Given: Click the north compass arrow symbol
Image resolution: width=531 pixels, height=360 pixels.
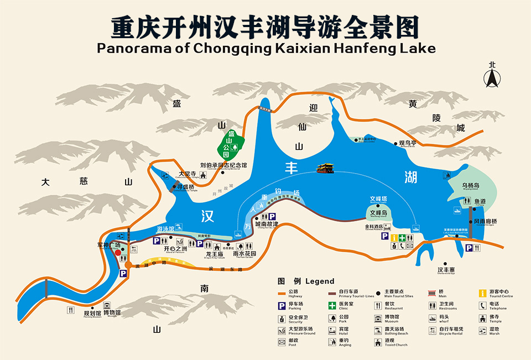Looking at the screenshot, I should click(x=490, y=78).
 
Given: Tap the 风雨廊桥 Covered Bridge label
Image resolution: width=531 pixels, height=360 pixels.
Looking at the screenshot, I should click(x=485, y=222).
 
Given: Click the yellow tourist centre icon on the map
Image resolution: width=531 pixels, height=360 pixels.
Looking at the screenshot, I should click(x=393, y=238).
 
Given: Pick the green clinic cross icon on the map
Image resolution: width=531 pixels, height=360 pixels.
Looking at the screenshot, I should click(x=410, y=238).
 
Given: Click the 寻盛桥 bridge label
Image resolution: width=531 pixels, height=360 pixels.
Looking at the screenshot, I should click(x=186, y=187).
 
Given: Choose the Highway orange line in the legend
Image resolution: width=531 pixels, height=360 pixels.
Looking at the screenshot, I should click(x=282, y=293).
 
